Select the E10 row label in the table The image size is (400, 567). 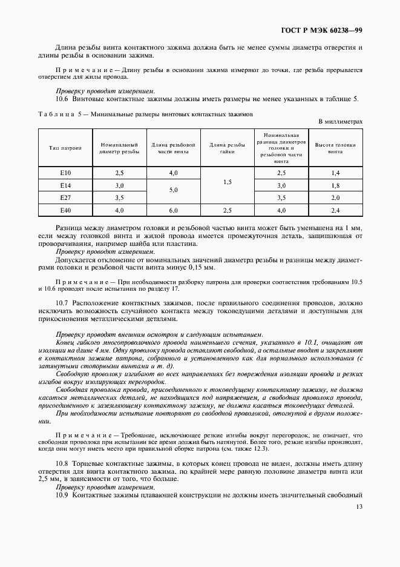[x=65, y=173]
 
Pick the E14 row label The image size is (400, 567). [x=65, y=185]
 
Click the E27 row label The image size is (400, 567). [x=65, y=197]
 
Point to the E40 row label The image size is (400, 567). [x=65, y=210]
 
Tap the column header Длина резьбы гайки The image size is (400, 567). [x=227, y=148]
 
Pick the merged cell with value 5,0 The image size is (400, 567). [x=173, y=191]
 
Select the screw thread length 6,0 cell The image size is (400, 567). [x=173, y=210]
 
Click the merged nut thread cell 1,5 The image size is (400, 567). [x=227, y=182]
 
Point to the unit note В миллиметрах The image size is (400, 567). [x=341, y=121]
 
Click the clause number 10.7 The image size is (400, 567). [x=63, y=302]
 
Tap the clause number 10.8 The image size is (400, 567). [x=63, y=463]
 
